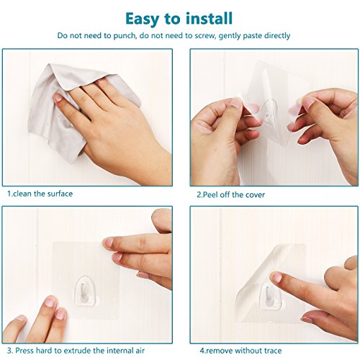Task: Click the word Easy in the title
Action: pos(143,19)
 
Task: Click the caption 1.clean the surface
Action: pos(40,194)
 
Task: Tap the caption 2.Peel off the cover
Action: pos(230,194)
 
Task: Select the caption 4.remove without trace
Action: pos(240,351)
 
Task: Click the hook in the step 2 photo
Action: pos(269,111)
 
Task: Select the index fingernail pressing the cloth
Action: pos(58,97)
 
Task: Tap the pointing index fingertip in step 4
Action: pos(276,277)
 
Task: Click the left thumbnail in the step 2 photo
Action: pos(235,102)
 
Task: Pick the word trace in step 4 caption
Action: pos(271,351)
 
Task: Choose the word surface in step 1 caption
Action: pos(60,194)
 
